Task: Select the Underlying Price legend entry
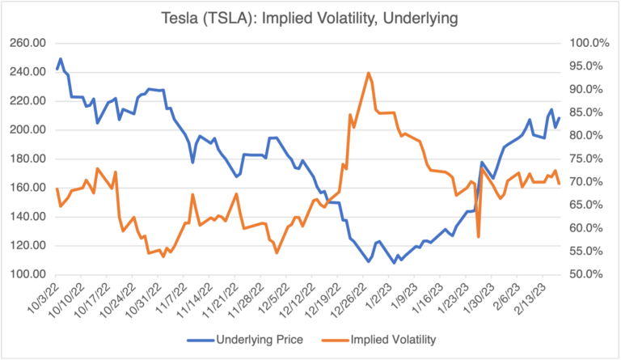pos(258,340)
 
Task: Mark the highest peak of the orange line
pos(369,73)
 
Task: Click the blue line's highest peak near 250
pos(61,59)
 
